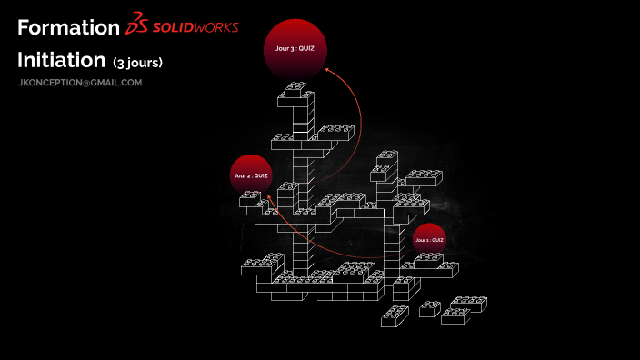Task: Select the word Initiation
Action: point(62,61)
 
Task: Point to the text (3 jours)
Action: point(137,64)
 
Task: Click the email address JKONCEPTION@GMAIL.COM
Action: point(80,83)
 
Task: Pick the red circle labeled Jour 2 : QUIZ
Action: point(251,174)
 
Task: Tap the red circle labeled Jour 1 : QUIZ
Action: point(429,239)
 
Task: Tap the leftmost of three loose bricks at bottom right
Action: point(395,315)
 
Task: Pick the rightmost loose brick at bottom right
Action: point(464,307)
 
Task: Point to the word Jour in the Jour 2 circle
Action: point(241,175)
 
